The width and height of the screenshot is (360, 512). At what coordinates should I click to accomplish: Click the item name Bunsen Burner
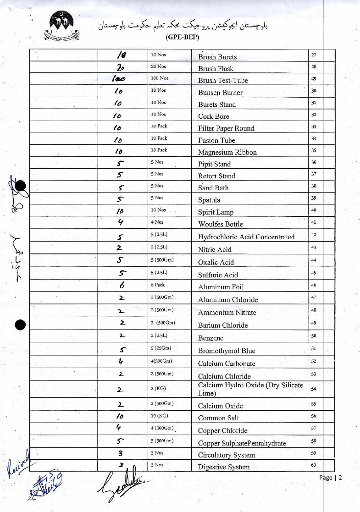[x=220, y=93]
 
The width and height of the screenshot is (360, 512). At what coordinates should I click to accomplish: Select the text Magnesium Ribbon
[x=227, y=152]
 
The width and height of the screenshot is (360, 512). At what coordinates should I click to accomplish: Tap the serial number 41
[x=314, y=222]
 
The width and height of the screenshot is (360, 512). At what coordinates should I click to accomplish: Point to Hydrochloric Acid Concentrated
[x=246, y=237]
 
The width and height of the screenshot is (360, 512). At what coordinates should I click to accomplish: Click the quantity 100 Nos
[x=160, y=78]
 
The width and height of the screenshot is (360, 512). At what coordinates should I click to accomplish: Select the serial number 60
[x=314, y=465]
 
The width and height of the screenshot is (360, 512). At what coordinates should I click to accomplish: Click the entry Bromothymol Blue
[x=227, y=351]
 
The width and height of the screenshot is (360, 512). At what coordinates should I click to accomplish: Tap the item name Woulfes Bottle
[x=221, y=224]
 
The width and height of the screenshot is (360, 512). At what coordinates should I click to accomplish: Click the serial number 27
[x=314, y=55]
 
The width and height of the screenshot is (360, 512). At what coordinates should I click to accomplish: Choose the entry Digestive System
[x=224, y=467]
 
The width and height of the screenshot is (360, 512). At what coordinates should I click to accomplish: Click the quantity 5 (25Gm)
[x=161, y=348]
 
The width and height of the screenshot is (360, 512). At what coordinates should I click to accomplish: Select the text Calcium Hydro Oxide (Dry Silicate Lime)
[x=250, y=389]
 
